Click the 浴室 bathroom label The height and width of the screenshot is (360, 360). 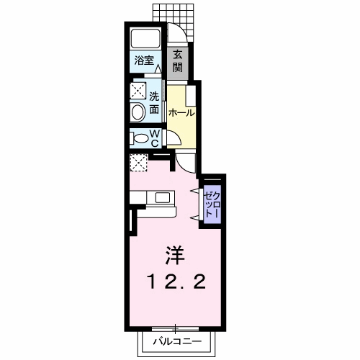point(143,61)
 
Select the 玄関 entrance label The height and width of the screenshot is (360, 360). point(176,62)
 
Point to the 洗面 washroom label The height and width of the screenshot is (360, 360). point(155,103)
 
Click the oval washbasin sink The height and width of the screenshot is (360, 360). point(137,111)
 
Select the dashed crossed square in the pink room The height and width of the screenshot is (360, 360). point(138,162)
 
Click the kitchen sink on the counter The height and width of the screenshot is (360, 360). point(163,197)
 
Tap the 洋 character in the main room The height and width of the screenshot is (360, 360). point(176,254)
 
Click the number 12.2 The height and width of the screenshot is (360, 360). point(176,281)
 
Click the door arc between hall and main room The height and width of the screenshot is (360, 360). point(186,162)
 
